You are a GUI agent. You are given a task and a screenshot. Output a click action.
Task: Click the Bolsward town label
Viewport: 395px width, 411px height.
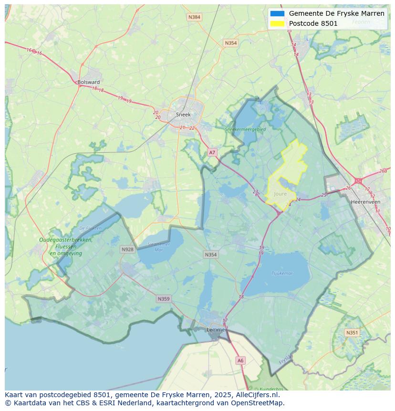pyautogui.click(x=89, y=82)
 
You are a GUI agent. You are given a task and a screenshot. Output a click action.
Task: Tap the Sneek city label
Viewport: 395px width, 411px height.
pyautogui.click(x=183, y=115)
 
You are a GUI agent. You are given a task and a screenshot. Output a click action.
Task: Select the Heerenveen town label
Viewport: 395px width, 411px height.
pyautogui.click(x=365, y=202)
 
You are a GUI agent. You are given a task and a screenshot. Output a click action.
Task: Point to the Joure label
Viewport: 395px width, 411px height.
pyautogui.click(x=281, y=194)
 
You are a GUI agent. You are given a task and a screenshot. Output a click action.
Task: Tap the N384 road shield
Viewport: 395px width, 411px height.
pyautogui.click(x=194, y=17)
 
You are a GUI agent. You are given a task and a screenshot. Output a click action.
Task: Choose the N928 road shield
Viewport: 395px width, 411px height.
pyautogui.click(x=127, y=249)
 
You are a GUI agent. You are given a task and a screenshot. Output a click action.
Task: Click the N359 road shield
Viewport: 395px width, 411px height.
pyautogui.click(x=163, y=299)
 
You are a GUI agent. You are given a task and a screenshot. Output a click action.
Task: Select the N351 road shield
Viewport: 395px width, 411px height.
pyautogui.click(x=352, y=333)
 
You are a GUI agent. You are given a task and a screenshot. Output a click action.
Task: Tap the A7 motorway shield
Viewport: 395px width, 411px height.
pyautogui.click(x=212, y=152)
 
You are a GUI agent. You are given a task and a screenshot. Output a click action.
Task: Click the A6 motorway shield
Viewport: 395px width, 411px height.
pyautogui.click(x=240, y=360)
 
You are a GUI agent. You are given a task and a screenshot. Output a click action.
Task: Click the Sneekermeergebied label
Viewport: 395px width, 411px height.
pyautogui.click(x=246, y=129)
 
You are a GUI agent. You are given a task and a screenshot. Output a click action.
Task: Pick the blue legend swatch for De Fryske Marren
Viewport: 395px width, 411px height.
pyautogui.click(x=277, y=13)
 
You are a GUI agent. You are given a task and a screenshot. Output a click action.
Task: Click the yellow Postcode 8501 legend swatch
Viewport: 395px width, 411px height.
pyautogui.click(x=277, y=23)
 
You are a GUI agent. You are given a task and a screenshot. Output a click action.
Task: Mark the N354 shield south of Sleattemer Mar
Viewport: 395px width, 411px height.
pyautogui.click(x=210, y=254)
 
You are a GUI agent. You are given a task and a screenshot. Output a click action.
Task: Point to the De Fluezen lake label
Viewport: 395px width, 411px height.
pyautogui.click(x=90, y=228)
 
